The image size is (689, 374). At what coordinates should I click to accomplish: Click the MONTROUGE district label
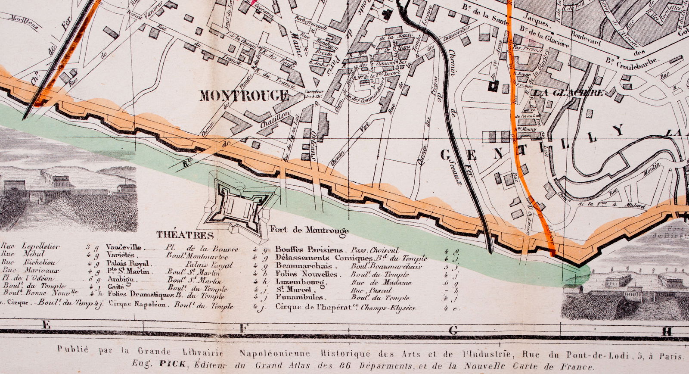click(244, 96)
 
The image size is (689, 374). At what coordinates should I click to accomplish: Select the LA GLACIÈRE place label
click(568, 93)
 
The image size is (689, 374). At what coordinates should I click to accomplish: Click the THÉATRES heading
click(185, 235)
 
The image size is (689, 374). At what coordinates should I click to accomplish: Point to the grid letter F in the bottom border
click(243, 329)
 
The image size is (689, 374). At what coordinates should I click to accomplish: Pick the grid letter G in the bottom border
click(453, 330)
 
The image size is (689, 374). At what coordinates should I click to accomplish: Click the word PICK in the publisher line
click(172, 364)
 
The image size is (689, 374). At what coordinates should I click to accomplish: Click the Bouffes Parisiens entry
click(309, 249)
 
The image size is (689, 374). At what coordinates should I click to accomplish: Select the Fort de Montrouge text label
click(309, 230)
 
